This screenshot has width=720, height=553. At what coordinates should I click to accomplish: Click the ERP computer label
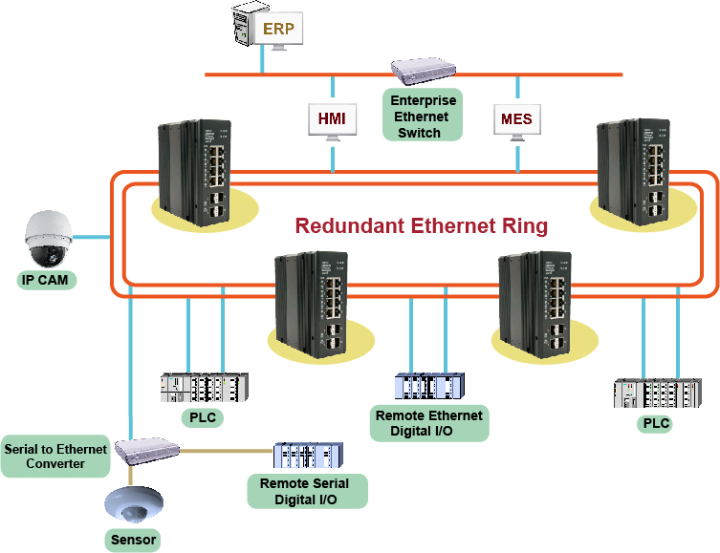point(278,29)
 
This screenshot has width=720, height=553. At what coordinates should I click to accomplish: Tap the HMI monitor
point(332,120)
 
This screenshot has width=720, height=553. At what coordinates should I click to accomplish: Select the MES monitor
point(517,120)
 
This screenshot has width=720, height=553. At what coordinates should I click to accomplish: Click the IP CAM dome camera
point(47,240)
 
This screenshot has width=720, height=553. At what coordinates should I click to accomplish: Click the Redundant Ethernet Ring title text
point(421,226)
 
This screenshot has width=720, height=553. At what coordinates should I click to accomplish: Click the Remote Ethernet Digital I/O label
point(429,423)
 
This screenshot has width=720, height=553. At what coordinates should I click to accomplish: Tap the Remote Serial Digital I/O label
point(307,490)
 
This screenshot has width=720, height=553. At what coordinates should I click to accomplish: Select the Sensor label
point(131,540)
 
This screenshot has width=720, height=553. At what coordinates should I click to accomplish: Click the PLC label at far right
point(654,423)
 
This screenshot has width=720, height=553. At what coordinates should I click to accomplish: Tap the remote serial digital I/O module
point(308,456)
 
